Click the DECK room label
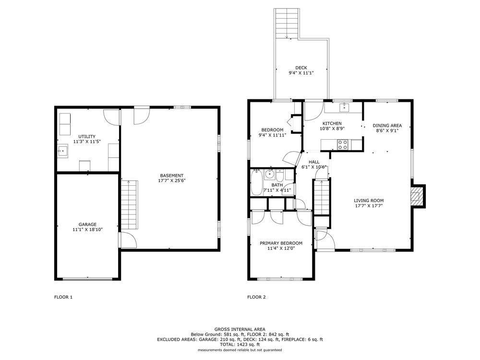(x=301, y=68)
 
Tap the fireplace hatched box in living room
(x=415, y=196)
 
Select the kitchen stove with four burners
(x=343, y=144)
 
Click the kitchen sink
(x=344, y=108)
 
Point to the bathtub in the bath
(x=256, y=183)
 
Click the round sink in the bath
(x=269, y=174)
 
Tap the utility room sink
(x=62, y=151)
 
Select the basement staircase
(x=129, y=205)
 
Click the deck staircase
(x=286, y=24)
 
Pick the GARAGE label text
(x=87, y=224)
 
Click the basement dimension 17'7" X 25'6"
(x=172, y=180)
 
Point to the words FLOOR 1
(x=63, y=297)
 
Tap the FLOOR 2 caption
(x=256, y=297)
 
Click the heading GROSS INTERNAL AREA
(x=240, y=329)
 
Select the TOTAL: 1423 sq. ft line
(x=240, y=344)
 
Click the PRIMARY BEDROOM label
(x=281, y=243)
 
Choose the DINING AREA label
(x=387, y=125)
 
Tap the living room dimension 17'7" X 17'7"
(x=369, y=206)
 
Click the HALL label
(x=314, y=162)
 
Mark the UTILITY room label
(x=87, y=136)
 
